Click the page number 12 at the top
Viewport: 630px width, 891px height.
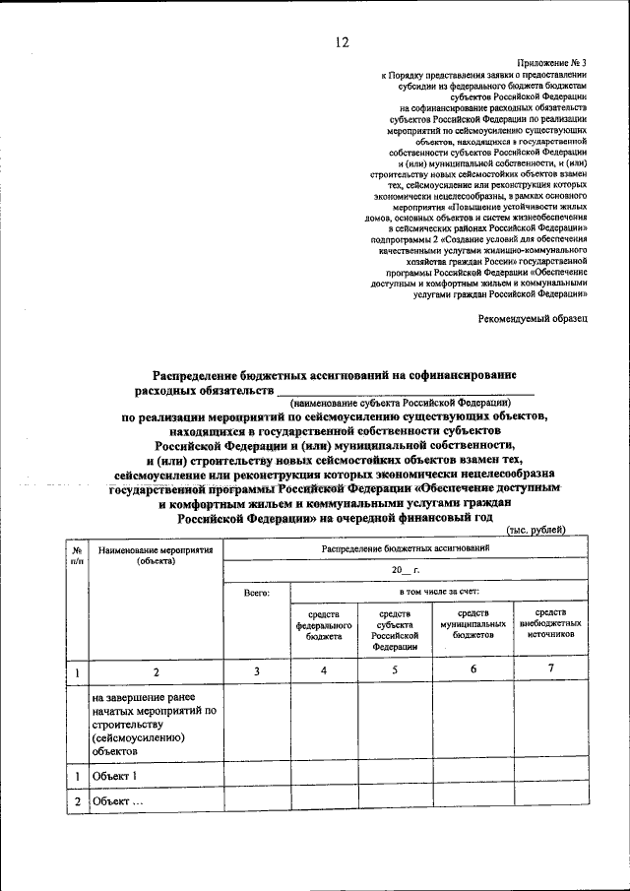[342, 41]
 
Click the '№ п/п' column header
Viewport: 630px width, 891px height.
[76, 555]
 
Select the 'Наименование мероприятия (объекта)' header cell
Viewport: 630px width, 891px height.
[156, 555]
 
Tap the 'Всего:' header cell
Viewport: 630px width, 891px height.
[256, 594]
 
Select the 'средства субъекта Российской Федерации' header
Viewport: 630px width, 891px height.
[394, 630]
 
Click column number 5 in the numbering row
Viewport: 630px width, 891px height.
[394, 670]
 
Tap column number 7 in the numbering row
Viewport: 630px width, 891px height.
[551, 670]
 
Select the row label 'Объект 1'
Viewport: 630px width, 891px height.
[115, 776]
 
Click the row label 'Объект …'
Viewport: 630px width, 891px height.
[118, 801]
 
